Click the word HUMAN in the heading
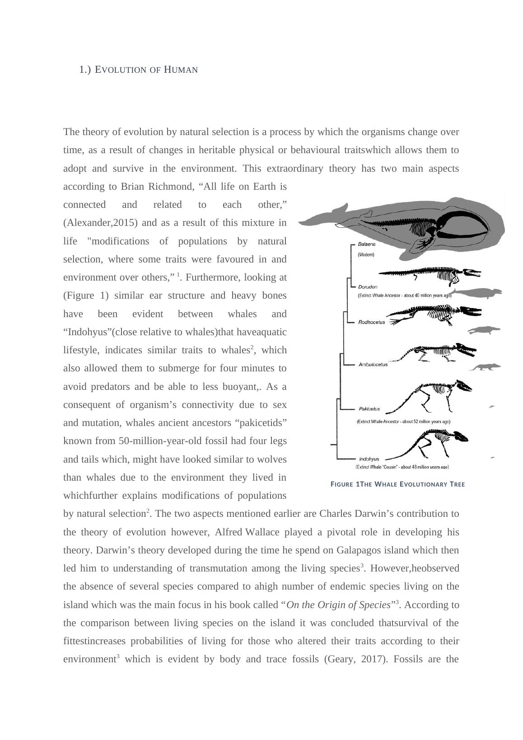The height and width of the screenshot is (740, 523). [x=181, y=70]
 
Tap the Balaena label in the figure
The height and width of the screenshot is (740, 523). [x=366, y=244]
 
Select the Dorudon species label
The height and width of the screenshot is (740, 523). [x=368, y=287]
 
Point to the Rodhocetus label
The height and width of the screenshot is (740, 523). [x=371, y=322]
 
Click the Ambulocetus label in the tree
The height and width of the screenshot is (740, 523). [x=373, y=365]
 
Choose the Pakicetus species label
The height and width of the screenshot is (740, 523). [x=369, y=409]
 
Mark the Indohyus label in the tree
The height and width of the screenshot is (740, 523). [x=369, y=459]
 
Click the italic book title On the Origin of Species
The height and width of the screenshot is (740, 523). [x=338, y=605]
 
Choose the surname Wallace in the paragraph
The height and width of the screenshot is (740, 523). [x=262, y=532]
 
